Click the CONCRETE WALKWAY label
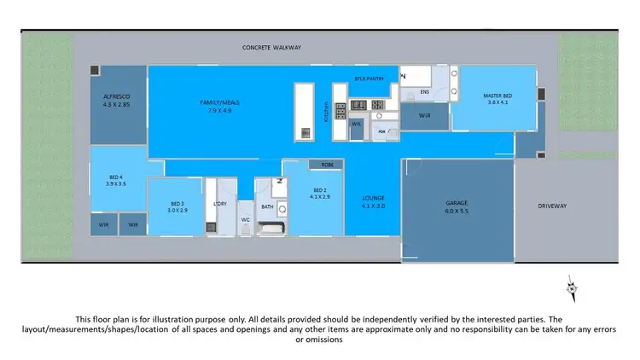point(272,48)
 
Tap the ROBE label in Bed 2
point(327,164)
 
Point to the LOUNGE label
point(374,201)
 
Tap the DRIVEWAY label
point(552,206)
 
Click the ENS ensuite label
point(424,91)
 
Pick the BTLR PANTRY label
point(369,78)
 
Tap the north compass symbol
point(572,288)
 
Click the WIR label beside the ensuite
point(424,115)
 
